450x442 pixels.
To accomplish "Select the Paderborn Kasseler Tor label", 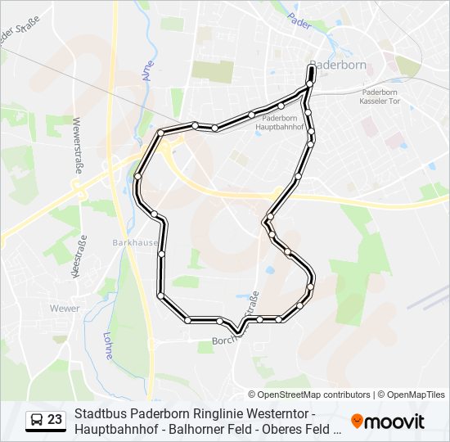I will (x=380, y=97).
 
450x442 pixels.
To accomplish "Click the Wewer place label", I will (x=65, y=309).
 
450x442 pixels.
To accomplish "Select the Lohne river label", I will (x=108, y=344).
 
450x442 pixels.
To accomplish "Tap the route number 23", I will (x=55, y=420).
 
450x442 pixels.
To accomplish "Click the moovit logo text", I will (x=395, y=422).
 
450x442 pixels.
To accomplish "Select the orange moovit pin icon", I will (x=357, y=421).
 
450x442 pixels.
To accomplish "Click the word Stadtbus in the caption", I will (x=99, y=413).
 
